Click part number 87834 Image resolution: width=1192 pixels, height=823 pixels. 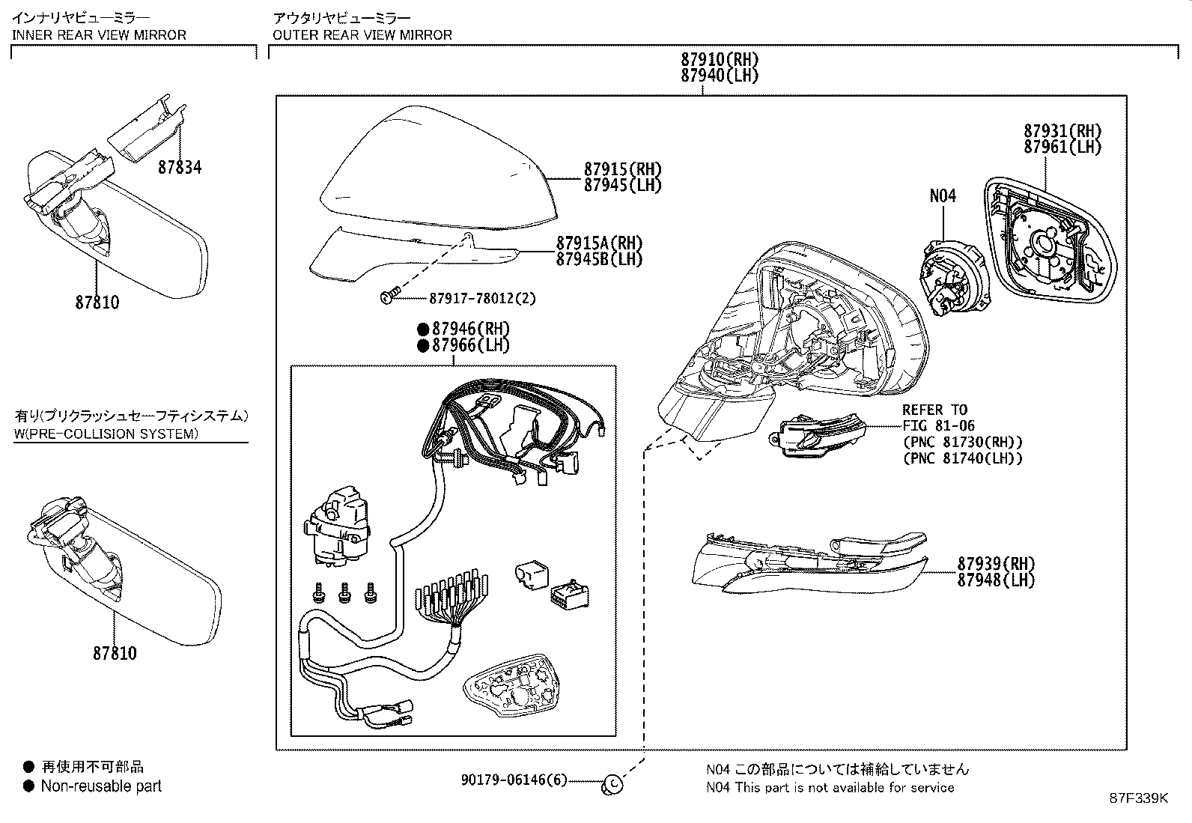180,168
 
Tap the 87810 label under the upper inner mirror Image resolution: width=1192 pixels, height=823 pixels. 97,303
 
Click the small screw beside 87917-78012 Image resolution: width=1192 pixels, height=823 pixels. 388,297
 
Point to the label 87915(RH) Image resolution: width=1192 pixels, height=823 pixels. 623,169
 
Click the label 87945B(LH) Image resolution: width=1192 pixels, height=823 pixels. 599,260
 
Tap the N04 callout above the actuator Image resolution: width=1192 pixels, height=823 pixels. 943,196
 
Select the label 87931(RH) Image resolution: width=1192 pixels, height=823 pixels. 1062,131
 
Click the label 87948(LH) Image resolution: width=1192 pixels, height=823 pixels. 995,580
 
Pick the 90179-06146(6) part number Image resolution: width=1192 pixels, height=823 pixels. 514,780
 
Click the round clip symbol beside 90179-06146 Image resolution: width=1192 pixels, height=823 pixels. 612,783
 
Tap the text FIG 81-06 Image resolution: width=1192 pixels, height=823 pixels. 938,426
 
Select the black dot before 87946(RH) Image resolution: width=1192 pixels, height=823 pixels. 423,329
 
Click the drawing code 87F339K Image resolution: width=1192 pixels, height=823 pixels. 1138,798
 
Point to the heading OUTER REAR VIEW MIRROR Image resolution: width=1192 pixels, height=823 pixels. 362,34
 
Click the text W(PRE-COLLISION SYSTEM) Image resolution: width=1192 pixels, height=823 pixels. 106,434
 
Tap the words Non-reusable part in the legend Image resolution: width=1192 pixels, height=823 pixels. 101,786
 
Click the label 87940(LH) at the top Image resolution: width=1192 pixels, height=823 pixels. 720,76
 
